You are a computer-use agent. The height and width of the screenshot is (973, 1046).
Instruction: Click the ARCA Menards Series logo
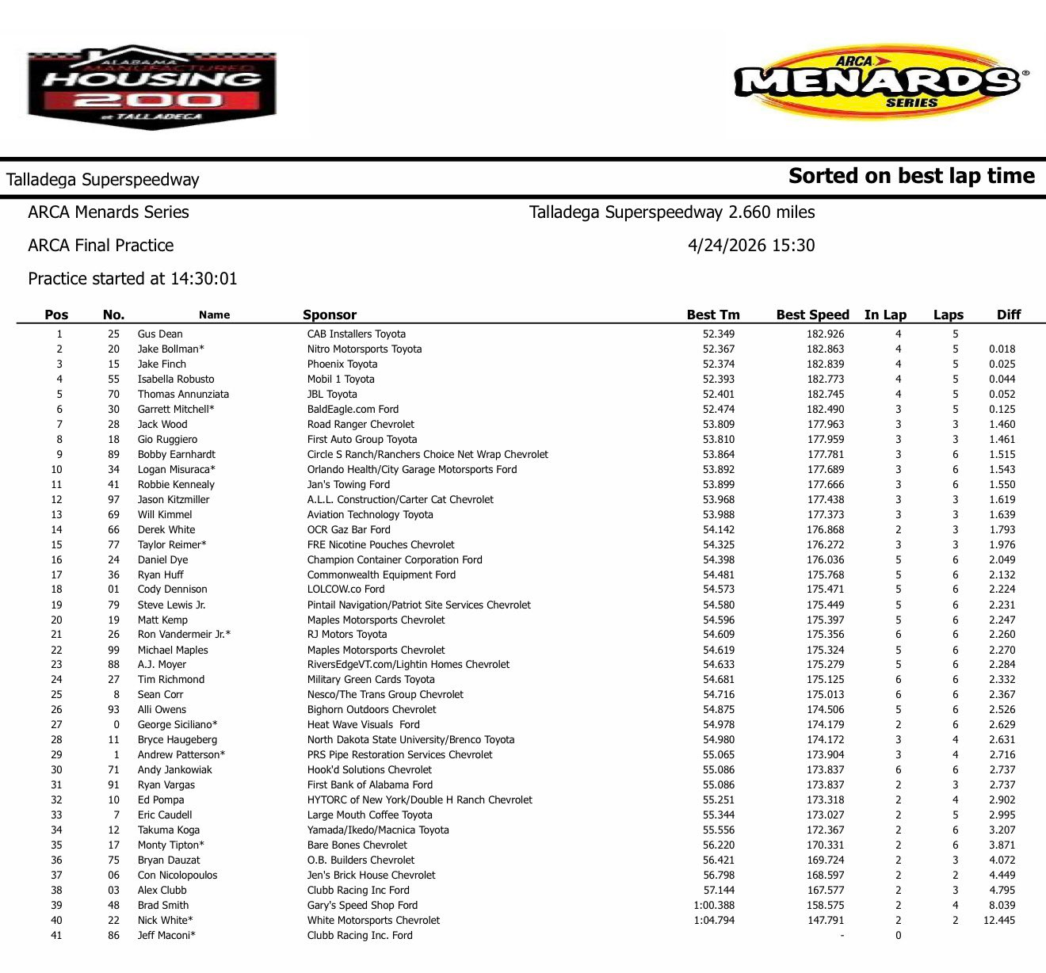click(880, 81)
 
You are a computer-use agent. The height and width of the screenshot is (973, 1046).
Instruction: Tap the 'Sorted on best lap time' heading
click(911, 176)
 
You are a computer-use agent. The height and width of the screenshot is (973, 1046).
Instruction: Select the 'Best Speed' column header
click(812, 315)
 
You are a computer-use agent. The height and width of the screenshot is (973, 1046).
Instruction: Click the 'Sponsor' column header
click(330, 315)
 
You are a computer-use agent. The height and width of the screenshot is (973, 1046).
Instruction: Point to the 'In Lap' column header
click(885, 315)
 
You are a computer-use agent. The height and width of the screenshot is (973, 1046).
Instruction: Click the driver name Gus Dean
click(160, 334)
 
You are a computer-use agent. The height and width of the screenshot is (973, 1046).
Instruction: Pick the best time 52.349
click(718, 334)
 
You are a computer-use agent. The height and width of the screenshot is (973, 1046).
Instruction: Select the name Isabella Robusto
click(176, 380)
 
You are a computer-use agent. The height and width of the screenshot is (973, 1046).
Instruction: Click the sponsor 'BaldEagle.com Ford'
click(353, 410)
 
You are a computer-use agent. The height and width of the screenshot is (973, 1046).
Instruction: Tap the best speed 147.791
click(826, 921)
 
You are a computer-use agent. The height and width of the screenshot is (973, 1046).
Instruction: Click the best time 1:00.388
click(713, 906)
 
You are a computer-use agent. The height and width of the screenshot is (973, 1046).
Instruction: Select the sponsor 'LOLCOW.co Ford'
click(345, 590)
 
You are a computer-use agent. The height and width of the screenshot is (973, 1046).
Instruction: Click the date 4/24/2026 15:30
click(751, 246)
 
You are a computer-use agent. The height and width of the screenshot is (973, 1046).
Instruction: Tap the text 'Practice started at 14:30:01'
click(132, 279)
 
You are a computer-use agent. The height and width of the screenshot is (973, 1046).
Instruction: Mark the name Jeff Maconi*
click(166, 936)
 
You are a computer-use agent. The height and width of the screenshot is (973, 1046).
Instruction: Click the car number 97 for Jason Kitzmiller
click(114, 500)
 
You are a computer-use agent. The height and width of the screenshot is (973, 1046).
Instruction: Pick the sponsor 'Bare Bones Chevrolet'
click(357, 845)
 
